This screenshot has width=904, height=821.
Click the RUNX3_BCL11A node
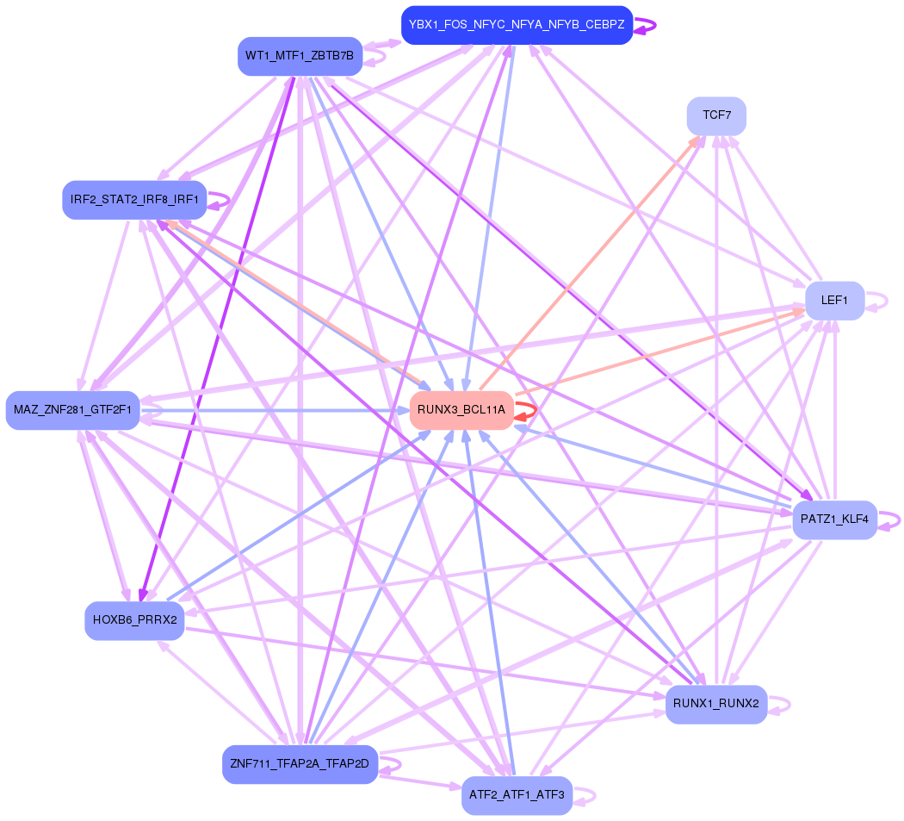tap(461, 410)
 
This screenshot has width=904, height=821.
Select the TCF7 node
tap(716, 115)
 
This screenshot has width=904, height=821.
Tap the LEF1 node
tap(834, 301)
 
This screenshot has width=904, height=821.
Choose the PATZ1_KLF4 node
tap(834, 519)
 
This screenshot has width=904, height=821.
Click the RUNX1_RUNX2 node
tap(715, 704)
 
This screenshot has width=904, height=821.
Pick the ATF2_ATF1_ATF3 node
tap(517, 795)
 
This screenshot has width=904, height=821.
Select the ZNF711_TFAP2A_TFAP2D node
tap(300, 764)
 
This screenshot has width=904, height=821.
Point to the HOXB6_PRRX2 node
tap(134, 620)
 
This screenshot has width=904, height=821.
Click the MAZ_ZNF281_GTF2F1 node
tap(72, 410)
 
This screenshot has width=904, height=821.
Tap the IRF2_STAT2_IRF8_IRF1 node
tap(134, 200)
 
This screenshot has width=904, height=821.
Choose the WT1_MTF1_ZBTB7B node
tap(300, 56)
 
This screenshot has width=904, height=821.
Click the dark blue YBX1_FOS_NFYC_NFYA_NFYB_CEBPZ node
tap(517, 25)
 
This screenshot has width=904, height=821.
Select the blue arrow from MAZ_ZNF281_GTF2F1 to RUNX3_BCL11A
tap(276, 410)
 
